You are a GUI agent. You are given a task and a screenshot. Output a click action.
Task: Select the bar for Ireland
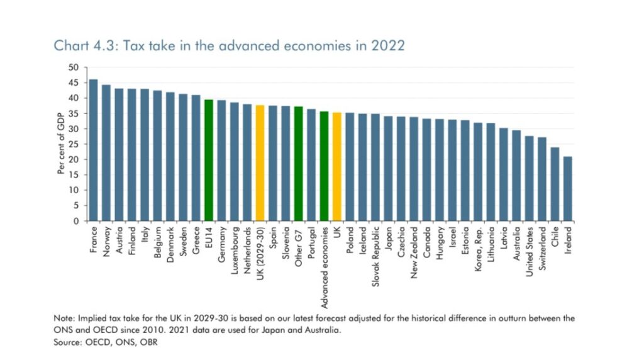567,189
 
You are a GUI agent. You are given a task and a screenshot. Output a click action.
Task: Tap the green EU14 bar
208,160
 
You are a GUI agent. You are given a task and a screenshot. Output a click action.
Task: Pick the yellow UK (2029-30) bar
260,163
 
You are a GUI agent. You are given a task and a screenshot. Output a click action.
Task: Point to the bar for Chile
555,184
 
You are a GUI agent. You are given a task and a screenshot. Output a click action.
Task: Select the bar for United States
529,178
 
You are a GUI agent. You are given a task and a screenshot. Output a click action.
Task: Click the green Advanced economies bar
324,166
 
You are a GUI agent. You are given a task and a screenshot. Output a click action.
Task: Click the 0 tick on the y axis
76,221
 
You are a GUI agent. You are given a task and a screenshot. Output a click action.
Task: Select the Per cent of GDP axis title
62,144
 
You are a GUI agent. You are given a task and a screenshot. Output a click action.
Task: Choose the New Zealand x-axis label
414,248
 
